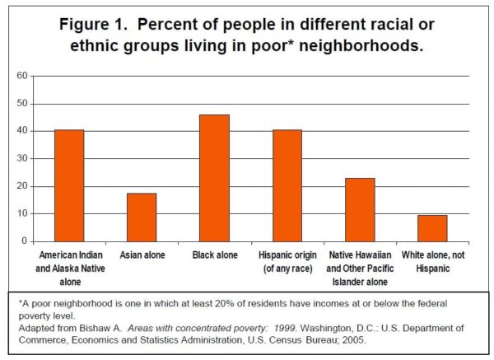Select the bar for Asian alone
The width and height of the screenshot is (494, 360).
(x=142, y=217)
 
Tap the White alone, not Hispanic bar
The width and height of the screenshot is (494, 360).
(x=433, y=227)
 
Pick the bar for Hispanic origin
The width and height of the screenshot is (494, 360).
(x=287, y=185)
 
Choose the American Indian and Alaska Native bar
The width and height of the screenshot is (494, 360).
(x=69, y=185)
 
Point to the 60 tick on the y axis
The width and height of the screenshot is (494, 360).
(x=22, y=76)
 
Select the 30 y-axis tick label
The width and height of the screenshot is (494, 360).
(x=22, y=158)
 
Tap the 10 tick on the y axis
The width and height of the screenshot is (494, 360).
(x=22, y=213)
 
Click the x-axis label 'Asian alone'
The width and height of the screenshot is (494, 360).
(x=142, y=255)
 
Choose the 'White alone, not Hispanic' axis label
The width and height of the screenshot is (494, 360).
(x=433, y=261)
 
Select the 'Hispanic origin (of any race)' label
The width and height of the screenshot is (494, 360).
(x=287, y=261)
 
